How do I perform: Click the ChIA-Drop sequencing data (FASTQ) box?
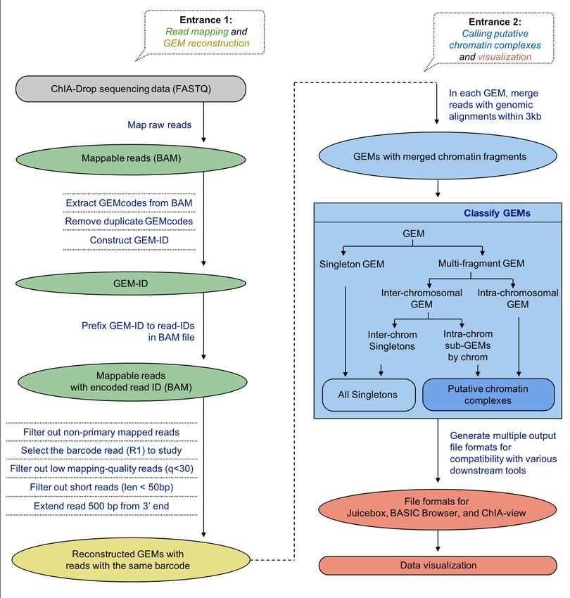tap(131, 89)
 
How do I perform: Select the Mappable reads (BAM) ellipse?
tap(131, 159)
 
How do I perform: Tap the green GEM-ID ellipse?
tap(131, 284)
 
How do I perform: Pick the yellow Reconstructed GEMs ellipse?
tap(131, 559)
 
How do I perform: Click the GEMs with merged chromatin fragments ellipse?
tap(438, 156)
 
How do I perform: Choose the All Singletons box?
tap(369, 395)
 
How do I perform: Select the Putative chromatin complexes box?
tap(489, 395)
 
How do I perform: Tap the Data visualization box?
tap(438, 565)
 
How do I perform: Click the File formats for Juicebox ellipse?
tap(437, 508)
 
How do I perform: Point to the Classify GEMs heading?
tap(497, 213)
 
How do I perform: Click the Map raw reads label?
tap(160, 125)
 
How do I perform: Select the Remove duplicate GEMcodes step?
tap(129, 221)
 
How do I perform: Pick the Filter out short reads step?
tap(101, 487)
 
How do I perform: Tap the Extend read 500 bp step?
tap(101, 506)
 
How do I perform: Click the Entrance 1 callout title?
tap(206, 20)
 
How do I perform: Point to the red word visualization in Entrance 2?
tap(505, 57)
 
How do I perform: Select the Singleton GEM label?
tap(352, 265)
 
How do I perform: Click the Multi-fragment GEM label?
tap(481, 264)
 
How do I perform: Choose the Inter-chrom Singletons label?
tap(392, 341)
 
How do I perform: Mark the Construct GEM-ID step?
tap(129, 241)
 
